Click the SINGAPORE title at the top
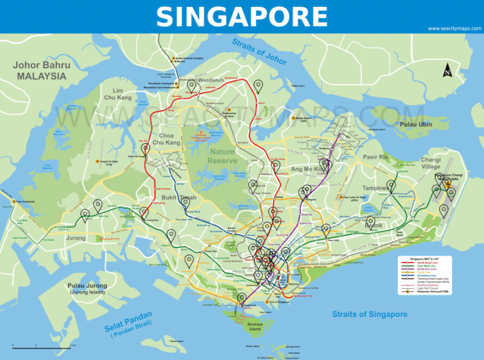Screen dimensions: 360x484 (242, 16)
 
